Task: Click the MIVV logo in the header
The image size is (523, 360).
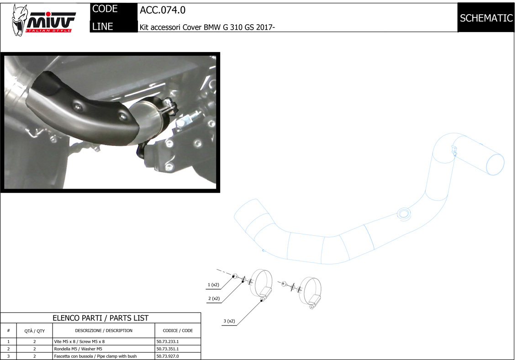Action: [43, 20]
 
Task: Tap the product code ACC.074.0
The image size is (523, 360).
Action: [163, 11]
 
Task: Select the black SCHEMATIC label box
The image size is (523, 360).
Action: [486, 17]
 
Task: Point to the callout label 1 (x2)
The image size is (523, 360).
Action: [213, 285]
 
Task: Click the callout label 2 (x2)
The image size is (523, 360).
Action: [214, 298]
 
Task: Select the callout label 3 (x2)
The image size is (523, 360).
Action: [229, 321]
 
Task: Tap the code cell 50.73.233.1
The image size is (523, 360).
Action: [168, 342]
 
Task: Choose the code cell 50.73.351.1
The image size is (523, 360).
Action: [168, 349]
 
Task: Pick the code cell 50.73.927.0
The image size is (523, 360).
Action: [168, 356]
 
